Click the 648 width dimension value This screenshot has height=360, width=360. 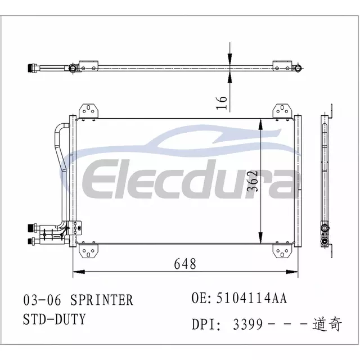pyautogui.click(x=185, y=264)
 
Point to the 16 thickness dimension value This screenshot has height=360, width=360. pyautogui.click(x=222, y=102)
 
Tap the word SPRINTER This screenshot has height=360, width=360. pyautogui.click(x=102, y=300)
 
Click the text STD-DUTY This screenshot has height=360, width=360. pyautogui.click(x=55, y=319)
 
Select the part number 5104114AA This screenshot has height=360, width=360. pyautogui.click(x=251, y=298)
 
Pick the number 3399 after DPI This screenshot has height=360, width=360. pyautogui.click(x=247, y=324)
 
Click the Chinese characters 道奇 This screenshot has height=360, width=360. pyautogui.click(x=327, y=324)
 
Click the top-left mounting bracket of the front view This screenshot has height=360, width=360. pyautogui.click(x=88, y=111)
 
